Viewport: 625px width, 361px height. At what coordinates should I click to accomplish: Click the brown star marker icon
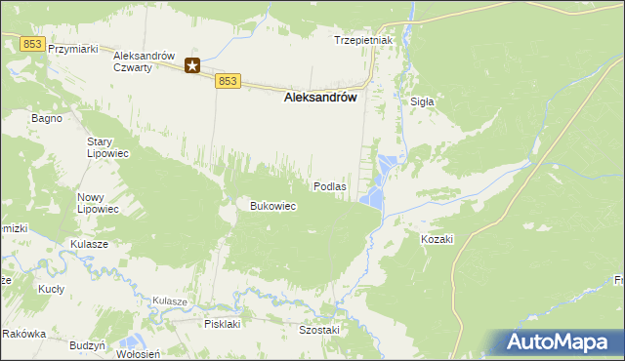193,65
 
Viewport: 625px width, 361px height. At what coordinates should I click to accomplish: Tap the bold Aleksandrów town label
319,98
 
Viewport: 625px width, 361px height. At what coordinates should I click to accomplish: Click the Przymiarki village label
75,49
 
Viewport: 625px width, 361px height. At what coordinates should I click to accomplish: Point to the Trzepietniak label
362,40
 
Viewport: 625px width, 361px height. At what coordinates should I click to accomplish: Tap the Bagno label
47,118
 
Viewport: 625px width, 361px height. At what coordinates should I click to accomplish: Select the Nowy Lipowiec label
98,203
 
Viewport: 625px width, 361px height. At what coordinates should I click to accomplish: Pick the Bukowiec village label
273,206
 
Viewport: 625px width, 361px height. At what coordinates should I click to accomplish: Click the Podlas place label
329,185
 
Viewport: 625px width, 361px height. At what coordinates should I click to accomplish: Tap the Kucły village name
51,290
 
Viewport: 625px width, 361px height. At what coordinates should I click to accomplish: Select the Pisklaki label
222,323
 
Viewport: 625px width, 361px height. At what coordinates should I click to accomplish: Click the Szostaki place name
318,330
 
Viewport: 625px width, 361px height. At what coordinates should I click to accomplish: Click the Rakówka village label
24,334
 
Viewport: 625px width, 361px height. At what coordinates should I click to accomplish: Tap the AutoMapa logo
562,341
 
